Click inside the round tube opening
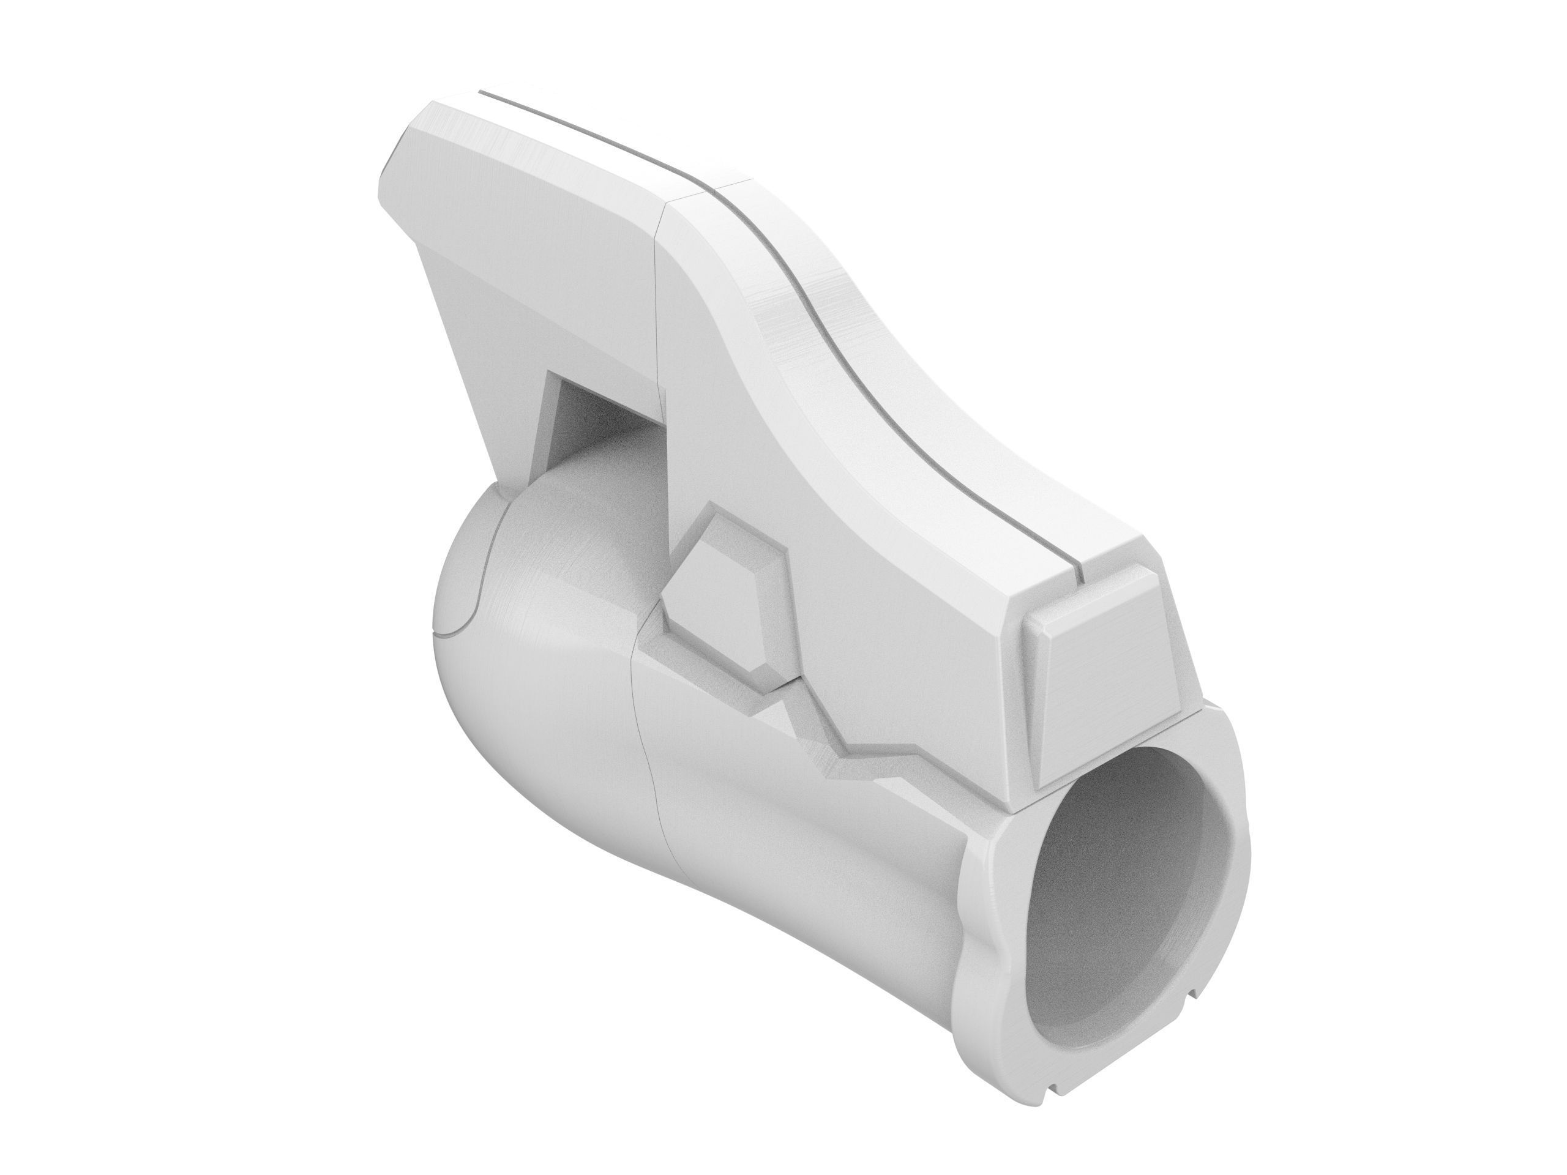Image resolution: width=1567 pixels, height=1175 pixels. point(1126,921)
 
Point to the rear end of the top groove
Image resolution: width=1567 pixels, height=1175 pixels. point(482,91)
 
